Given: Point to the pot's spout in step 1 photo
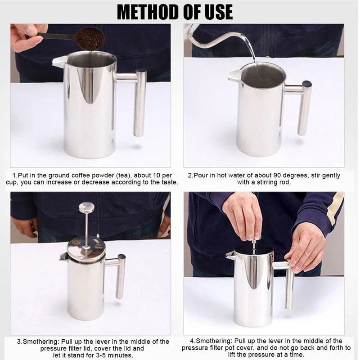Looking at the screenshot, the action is (x=59, y=62).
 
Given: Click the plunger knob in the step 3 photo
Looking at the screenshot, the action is (x=86, y=207).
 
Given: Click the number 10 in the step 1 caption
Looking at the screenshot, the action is (x=156, y=175).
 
